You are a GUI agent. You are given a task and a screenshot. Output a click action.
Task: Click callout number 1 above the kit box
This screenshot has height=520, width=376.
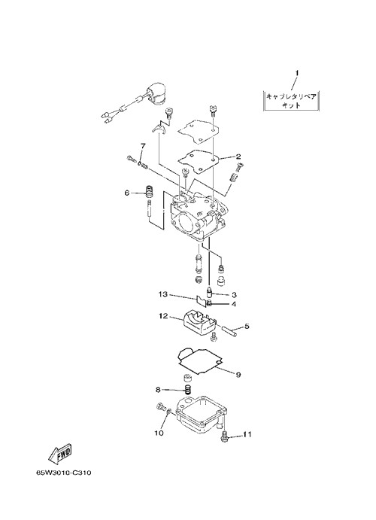[x=297, y=73]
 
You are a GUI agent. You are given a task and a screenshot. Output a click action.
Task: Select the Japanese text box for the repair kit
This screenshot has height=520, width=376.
[x=291, y=101]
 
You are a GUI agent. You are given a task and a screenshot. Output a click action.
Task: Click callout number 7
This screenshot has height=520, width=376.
[x=143, y=146]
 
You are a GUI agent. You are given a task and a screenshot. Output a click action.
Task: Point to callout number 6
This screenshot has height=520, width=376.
[x=127, y=193]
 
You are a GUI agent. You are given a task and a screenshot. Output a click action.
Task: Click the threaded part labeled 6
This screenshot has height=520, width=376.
[x=150, y=191]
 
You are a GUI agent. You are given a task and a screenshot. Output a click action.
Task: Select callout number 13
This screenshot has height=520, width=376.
[x=162, y=294]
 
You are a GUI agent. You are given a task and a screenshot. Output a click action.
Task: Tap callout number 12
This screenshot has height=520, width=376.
[x=163, y=316]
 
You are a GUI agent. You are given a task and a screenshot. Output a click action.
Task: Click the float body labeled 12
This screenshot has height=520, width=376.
[x=199, y=323]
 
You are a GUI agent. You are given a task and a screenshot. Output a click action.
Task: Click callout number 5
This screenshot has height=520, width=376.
[x=247, y=327]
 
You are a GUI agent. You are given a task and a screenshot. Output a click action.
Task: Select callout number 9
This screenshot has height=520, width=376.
[x=238, y=375]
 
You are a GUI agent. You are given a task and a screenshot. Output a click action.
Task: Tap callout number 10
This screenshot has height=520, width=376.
[x=159, y=433]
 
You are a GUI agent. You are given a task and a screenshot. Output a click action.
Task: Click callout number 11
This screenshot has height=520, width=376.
[x=247, y=434]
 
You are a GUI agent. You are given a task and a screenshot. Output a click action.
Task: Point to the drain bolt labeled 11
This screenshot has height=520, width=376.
[x=224, y=436]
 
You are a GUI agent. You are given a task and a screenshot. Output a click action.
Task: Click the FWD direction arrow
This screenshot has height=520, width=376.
[x=60, y=453]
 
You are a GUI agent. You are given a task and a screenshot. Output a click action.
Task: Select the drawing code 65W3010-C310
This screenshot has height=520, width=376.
[x=64, y=473]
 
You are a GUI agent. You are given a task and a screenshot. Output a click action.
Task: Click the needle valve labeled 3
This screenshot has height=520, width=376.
[x=209, y=292]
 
